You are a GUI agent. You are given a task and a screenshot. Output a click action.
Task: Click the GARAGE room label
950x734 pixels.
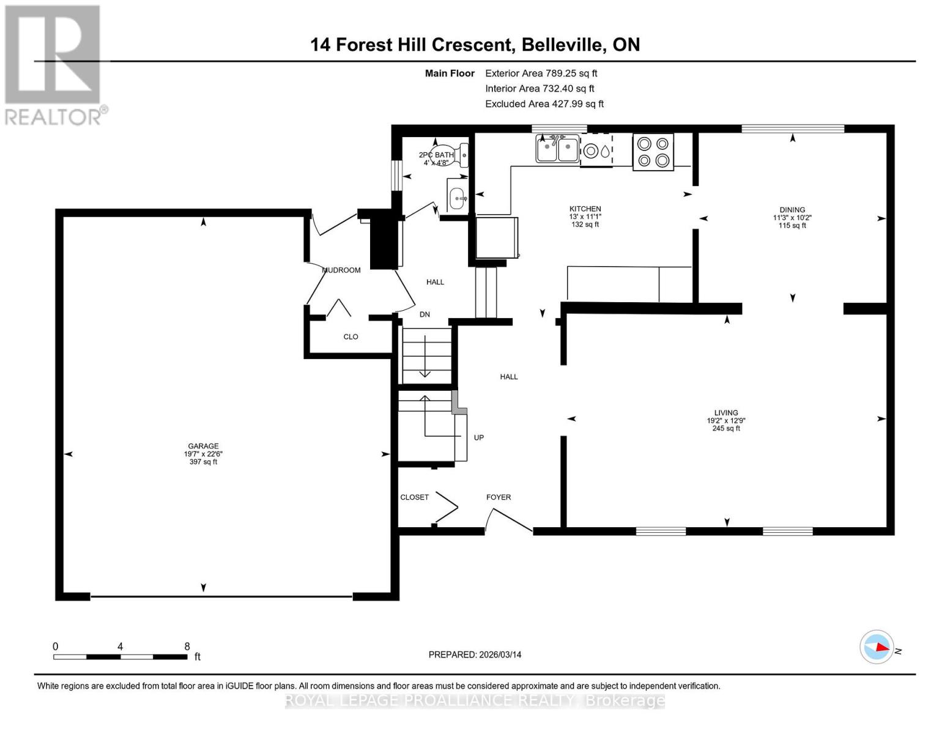(x=203, y=447)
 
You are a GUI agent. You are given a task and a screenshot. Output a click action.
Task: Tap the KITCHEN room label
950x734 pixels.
(x=585, y=209)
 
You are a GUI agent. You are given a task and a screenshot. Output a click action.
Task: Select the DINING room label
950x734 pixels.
(x=792, y=210)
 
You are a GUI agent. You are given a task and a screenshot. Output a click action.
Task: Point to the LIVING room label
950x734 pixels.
(x=726, y=413)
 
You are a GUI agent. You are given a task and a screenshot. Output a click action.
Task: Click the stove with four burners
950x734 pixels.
(x=653, y=152)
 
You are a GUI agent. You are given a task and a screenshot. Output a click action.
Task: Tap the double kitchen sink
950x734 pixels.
(x=557, y=149)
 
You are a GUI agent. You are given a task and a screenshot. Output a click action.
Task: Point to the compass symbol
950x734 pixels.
(x=877, y=647)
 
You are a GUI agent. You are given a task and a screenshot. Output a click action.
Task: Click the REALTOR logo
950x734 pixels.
(x=53, y=65)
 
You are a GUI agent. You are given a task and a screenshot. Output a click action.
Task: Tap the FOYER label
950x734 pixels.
(x=499, y=497)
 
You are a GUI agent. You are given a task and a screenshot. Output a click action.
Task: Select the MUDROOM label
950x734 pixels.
(x=341, y=270)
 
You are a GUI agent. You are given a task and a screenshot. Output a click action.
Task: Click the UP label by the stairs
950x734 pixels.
(x=479, y=437)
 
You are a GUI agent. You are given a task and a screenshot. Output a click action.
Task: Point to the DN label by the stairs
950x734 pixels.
(x=425, y=314)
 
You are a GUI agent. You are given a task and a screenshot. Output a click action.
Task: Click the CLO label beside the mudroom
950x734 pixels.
(x=351, y=337)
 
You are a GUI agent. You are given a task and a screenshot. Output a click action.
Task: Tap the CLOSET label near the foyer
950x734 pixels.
(x=414, y=497)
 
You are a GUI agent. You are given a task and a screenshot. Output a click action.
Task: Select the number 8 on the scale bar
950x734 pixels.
(x=187, y=647)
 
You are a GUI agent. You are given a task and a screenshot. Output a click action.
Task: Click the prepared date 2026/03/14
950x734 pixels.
(x=500, y=654)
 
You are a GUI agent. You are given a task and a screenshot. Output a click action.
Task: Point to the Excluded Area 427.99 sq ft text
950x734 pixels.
(x=544, y=104)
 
